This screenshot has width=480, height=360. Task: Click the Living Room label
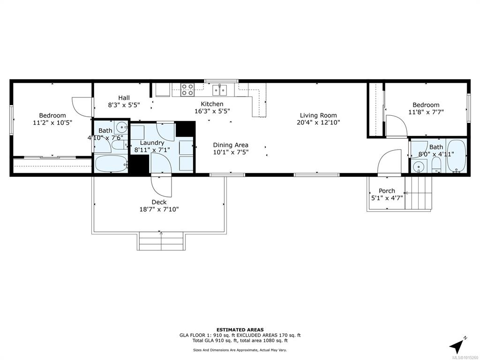[318, 115]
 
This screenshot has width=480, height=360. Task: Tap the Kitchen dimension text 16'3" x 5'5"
[212, 111]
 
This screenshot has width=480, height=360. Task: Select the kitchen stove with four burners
[187, 90]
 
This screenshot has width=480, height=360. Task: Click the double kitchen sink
[220, 89]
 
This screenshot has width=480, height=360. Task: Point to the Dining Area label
[231, 145]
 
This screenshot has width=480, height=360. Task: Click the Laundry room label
[152, 142]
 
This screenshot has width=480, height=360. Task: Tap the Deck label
[159, 202]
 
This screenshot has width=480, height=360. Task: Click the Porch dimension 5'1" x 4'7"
[387, 198]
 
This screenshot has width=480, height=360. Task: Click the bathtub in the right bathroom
[456, 156]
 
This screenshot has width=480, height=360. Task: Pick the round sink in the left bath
[122, 126]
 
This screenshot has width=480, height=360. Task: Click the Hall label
[124, 97]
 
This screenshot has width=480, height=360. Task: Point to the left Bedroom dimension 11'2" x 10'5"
[52, 123]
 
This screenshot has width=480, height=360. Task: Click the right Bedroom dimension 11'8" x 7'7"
[426, 112]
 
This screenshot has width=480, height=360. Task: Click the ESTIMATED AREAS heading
[240, 330]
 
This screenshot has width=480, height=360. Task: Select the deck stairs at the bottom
[161, 241]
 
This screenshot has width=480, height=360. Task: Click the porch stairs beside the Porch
[418, 193]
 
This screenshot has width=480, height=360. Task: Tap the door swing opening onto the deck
[162, 187]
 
